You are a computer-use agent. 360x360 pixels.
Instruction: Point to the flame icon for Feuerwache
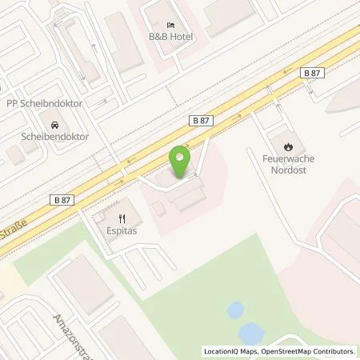tap(286, 145)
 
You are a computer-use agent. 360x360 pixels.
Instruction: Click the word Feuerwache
tap(286, 158)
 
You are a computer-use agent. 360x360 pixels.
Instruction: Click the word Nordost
tap(286, 170)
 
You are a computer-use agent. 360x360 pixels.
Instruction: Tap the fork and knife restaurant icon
tap(122, 218)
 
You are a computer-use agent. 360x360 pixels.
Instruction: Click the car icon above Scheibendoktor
tap(54, 124)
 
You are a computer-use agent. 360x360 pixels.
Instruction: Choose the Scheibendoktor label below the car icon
tap(54, 137)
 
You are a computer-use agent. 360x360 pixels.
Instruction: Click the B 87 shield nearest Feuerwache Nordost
tap(313, 73)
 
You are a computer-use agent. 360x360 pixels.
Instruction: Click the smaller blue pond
tap(235, 309)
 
